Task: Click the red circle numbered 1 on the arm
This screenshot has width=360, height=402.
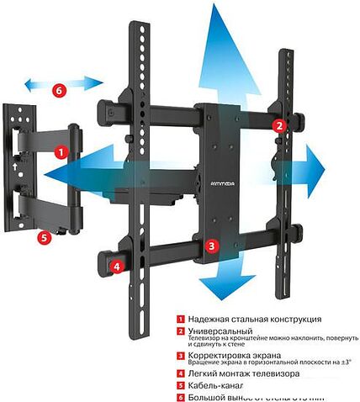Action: (61, 153)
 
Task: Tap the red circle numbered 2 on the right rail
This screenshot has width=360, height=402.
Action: (278, 124)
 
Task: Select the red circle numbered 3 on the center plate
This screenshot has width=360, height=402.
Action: (212, 246)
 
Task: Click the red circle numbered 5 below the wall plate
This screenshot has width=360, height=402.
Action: (43, 237)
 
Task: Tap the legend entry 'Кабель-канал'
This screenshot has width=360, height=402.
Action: (214, 384)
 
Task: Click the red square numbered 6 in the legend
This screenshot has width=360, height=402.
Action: (179, 396)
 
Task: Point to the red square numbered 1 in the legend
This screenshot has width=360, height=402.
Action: (179, 320)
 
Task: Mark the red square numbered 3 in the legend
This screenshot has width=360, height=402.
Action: (179, 356)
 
